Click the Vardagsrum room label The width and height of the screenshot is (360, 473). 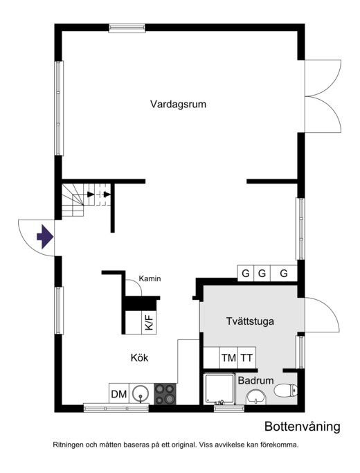pyautogui.click(x=178, y=105)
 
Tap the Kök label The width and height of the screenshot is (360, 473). pyautogui.click(x=139, y=358)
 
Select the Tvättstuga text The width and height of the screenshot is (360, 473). pyautogui.click(x=250, y=321)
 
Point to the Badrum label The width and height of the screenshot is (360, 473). pyautogui.click(x=255, y=380)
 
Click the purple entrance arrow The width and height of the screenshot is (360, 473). pyautogui.click(x=45, y=237)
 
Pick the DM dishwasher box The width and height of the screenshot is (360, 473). pyautogui.click(x=119, y=393)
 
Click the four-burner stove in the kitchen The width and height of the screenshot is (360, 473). pyautogui.click(x=165, y=394)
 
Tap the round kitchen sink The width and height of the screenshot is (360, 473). pyautogui.click(x=141, y=393)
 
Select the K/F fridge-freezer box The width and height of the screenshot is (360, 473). pyautogui.click(x=149, y=322)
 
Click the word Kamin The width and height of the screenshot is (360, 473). pyautogui.click(x=150, y=278)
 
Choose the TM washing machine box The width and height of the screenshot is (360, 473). pyautogui.click(x=228, y=358)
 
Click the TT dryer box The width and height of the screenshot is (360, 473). pyautogui.click(x=247, y=358)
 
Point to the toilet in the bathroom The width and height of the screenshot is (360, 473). pyautogui.click(x=285, y=390)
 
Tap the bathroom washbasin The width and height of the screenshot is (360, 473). pyautogui.click(x=256, y=398)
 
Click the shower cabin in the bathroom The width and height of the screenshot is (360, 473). pyautogui.click(x=219, y=389)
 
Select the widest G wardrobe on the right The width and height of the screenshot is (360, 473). pyautogui.click(x=284, y=274)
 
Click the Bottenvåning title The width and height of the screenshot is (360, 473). pyautogui.click(x=303, y=427)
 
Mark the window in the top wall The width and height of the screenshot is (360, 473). pyautogui.click(x=127, y=28)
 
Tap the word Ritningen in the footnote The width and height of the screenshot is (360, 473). pyautogui.click(x=68, y=445)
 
